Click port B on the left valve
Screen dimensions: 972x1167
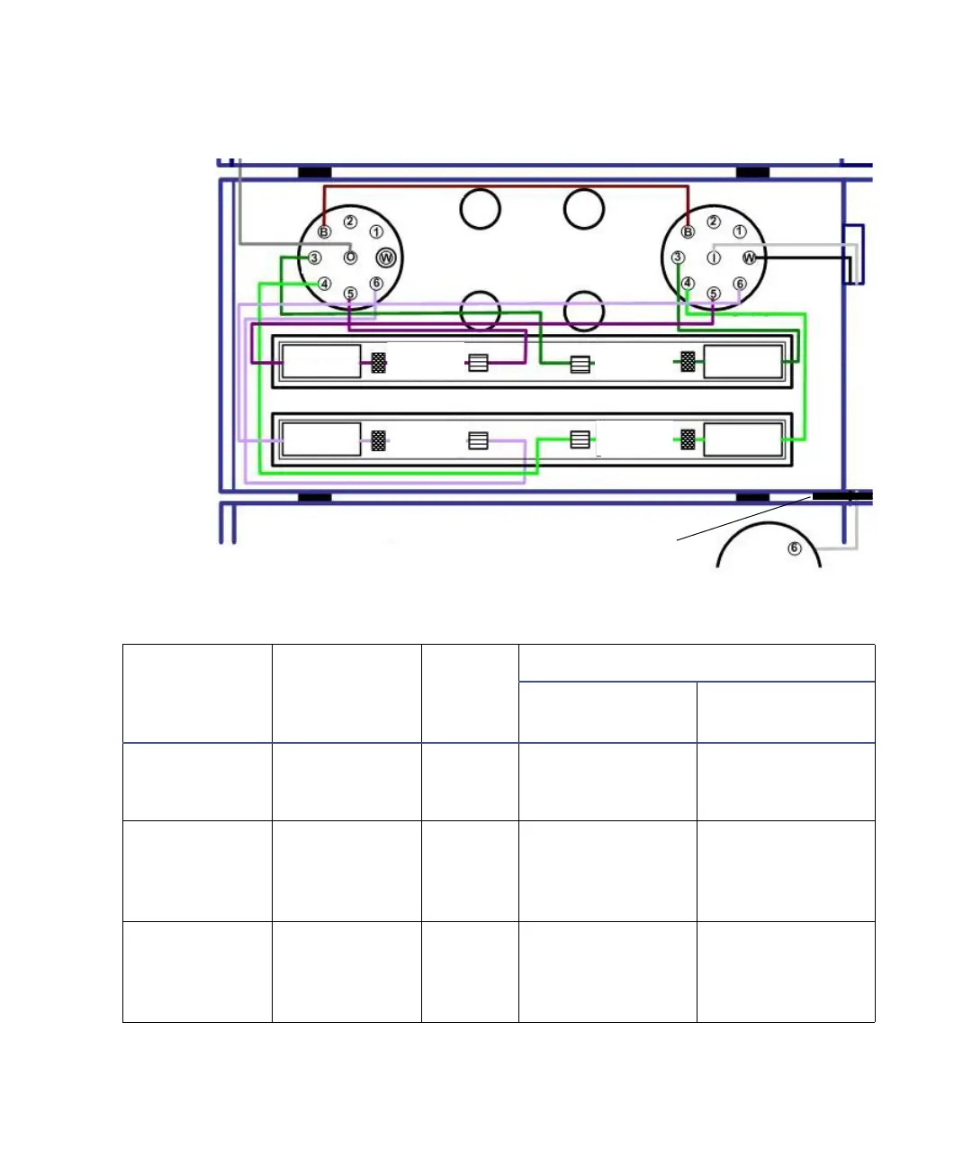pyautogui.click(x=323, y=232)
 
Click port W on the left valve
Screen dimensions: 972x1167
pyautogui.click(x=386, y=258)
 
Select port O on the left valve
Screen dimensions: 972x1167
pyautogui.click(x=350, y=258)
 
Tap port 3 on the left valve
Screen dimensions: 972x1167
pyautogui.click(x=314, y=258)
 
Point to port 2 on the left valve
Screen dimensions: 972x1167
pyautogui.click(x=350, y=222)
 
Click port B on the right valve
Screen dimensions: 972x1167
pyautogui.click(x=688, y=232)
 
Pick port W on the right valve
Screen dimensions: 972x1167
pyautogui.click(x=749, y=258)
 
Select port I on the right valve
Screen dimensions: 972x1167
pyautogui.click(x=714, y=258)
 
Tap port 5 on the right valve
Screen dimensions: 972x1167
pyautogui.click(x=714, y=294)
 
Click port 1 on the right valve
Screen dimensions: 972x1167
pyautogui.click(x=740, y=231)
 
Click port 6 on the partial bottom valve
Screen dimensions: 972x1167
pyautogui.click(x=794, y=548)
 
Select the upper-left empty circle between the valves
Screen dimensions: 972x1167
pyautogui.click(x=480, y=209)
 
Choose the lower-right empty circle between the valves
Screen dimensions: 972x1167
pyautogui.click(x=584, y=312)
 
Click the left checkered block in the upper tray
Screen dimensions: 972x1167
pyautogui.click(x=379, y=362)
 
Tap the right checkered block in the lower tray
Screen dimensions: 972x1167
pyautogui.click(x=688, y=439)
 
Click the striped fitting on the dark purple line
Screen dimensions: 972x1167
pyautogui.click(x=479, y=363)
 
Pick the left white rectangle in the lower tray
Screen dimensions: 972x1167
pyautogui.click(x=321, y=439)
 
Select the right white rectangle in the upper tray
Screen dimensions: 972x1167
pyautogui.click(x=742, y=362)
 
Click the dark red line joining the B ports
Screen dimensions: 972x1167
pyautogui.click(x=504, y=187)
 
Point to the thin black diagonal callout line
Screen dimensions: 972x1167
pyautogui.click(x=743, y=519)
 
